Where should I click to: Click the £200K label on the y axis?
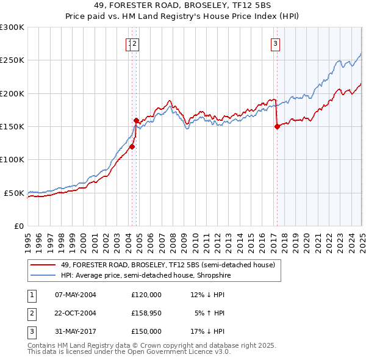(12, 93)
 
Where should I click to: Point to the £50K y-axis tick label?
(15, 193)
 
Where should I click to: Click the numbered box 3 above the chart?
(276, 43)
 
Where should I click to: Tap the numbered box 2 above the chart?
(134, 43)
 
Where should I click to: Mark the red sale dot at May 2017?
(277, 127)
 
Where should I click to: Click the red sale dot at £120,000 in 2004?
(132, 146)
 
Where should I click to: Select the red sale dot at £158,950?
(137, 121)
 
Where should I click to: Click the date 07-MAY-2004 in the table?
(76, 295)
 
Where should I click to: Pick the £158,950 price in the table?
(146, 313)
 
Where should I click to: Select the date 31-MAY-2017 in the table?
(76, 331)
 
